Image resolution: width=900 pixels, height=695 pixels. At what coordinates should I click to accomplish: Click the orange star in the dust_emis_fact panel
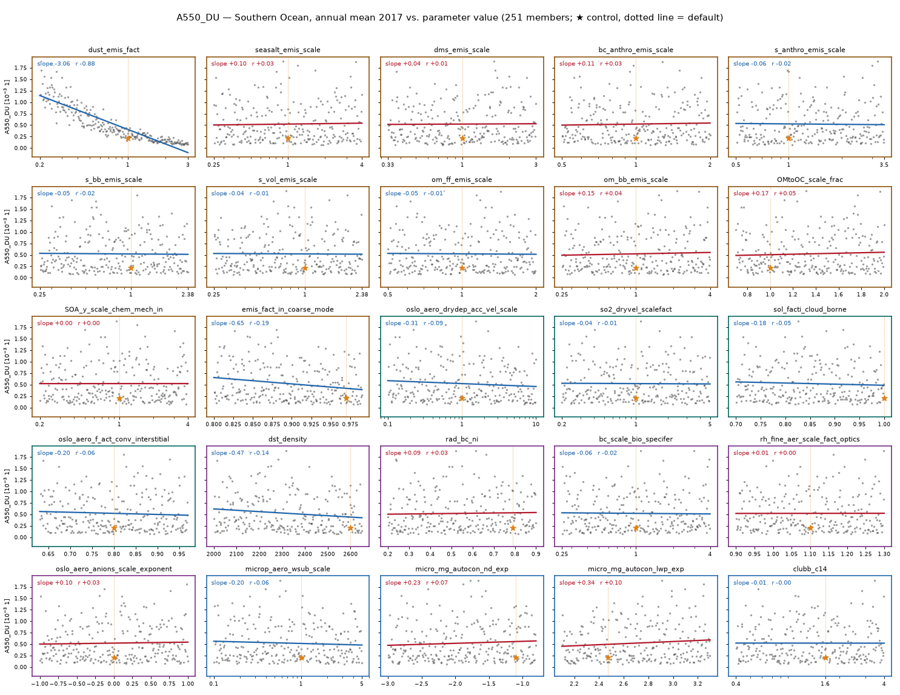[x=128, y=138]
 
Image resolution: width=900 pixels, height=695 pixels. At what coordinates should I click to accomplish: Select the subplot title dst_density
[x=287, y=439]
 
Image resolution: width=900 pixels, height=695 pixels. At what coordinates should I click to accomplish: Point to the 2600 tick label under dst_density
[x=350, y=554]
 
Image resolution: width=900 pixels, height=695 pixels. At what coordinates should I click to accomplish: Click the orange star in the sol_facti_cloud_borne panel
[x=884, y=398]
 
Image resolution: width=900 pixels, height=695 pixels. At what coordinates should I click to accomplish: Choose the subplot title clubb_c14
[x=810, y=569]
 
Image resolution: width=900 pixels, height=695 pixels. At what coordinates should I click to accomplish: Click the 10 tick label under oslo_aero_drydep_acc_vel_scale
[x=536, y=424]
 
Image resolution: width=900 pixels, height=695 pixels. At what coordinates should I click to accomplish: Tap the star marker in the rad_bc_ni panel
[x=513, y=528]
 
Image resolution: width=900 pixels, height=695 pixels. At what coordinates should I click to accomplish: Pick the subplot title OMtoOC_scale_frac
[x=810, y=179]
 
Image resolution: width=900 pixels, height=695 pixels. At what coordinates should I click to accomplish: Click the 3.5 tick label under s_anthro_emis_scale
[x=884, y=164]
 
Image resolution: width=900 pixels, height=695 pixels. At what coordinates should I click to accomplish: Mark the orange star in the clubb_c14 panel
[x=825, y=658]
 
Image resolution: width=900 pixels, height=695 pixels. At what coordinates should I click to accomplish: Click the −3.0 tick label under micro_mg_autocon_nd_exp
[x=388, y=683]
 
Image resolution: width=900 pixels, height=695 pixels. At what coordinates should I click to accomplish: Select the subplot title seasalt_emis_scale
[x=287, y=50]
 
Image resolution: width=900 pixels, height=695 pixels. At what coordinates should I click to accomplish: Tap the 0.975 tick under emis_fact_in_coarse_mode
[x=350, y=424]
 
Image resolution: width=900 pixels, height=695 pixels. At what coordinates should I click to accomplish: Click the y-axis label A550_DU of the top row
[x=7, y=107]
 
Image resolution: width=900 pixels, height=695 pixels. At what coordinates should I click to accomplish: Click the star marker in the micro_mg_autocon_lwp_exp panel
[x=608, y=658]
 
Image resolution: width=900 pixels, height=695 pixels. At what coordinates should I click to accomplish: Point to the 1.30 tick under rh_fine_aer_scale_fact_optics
[x=884, y=554]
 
